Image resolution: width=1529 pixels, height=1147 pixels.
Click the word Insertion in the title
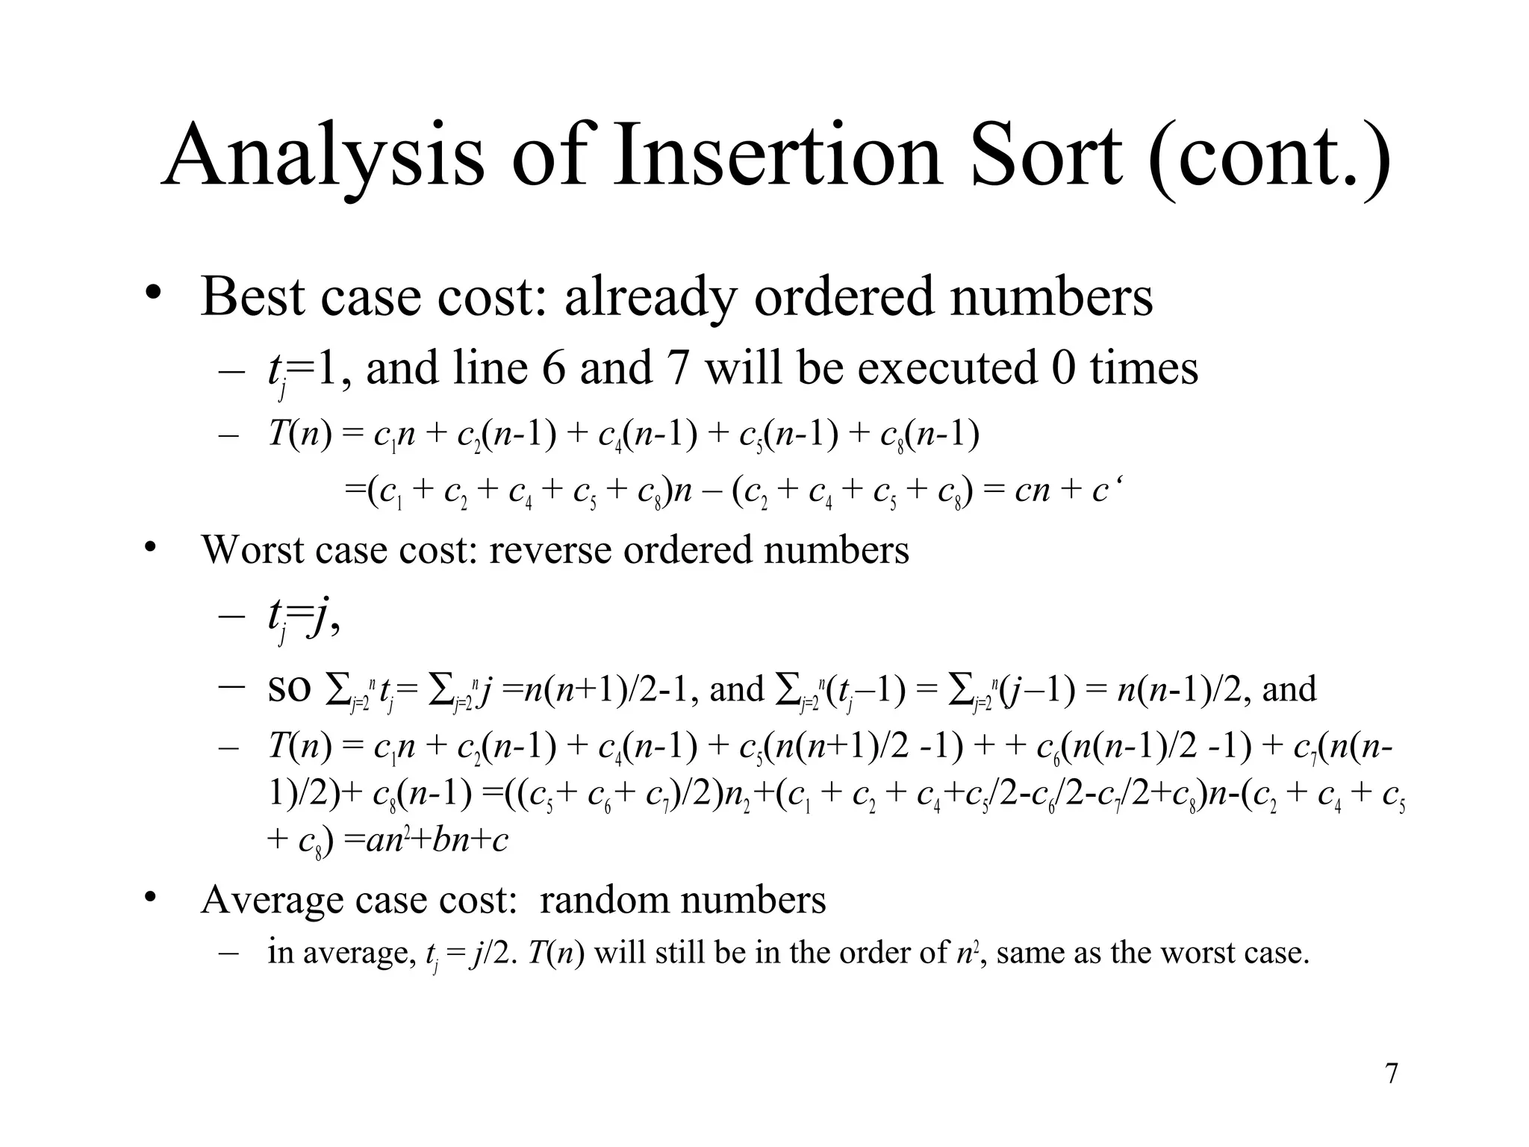click(x=776, y=157)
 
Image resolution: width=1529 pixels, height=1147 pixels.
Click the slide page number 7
click(x=1391, y=1074)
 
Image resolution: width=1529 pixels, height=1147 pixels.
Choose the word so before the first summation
click(x=289, y=689)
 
